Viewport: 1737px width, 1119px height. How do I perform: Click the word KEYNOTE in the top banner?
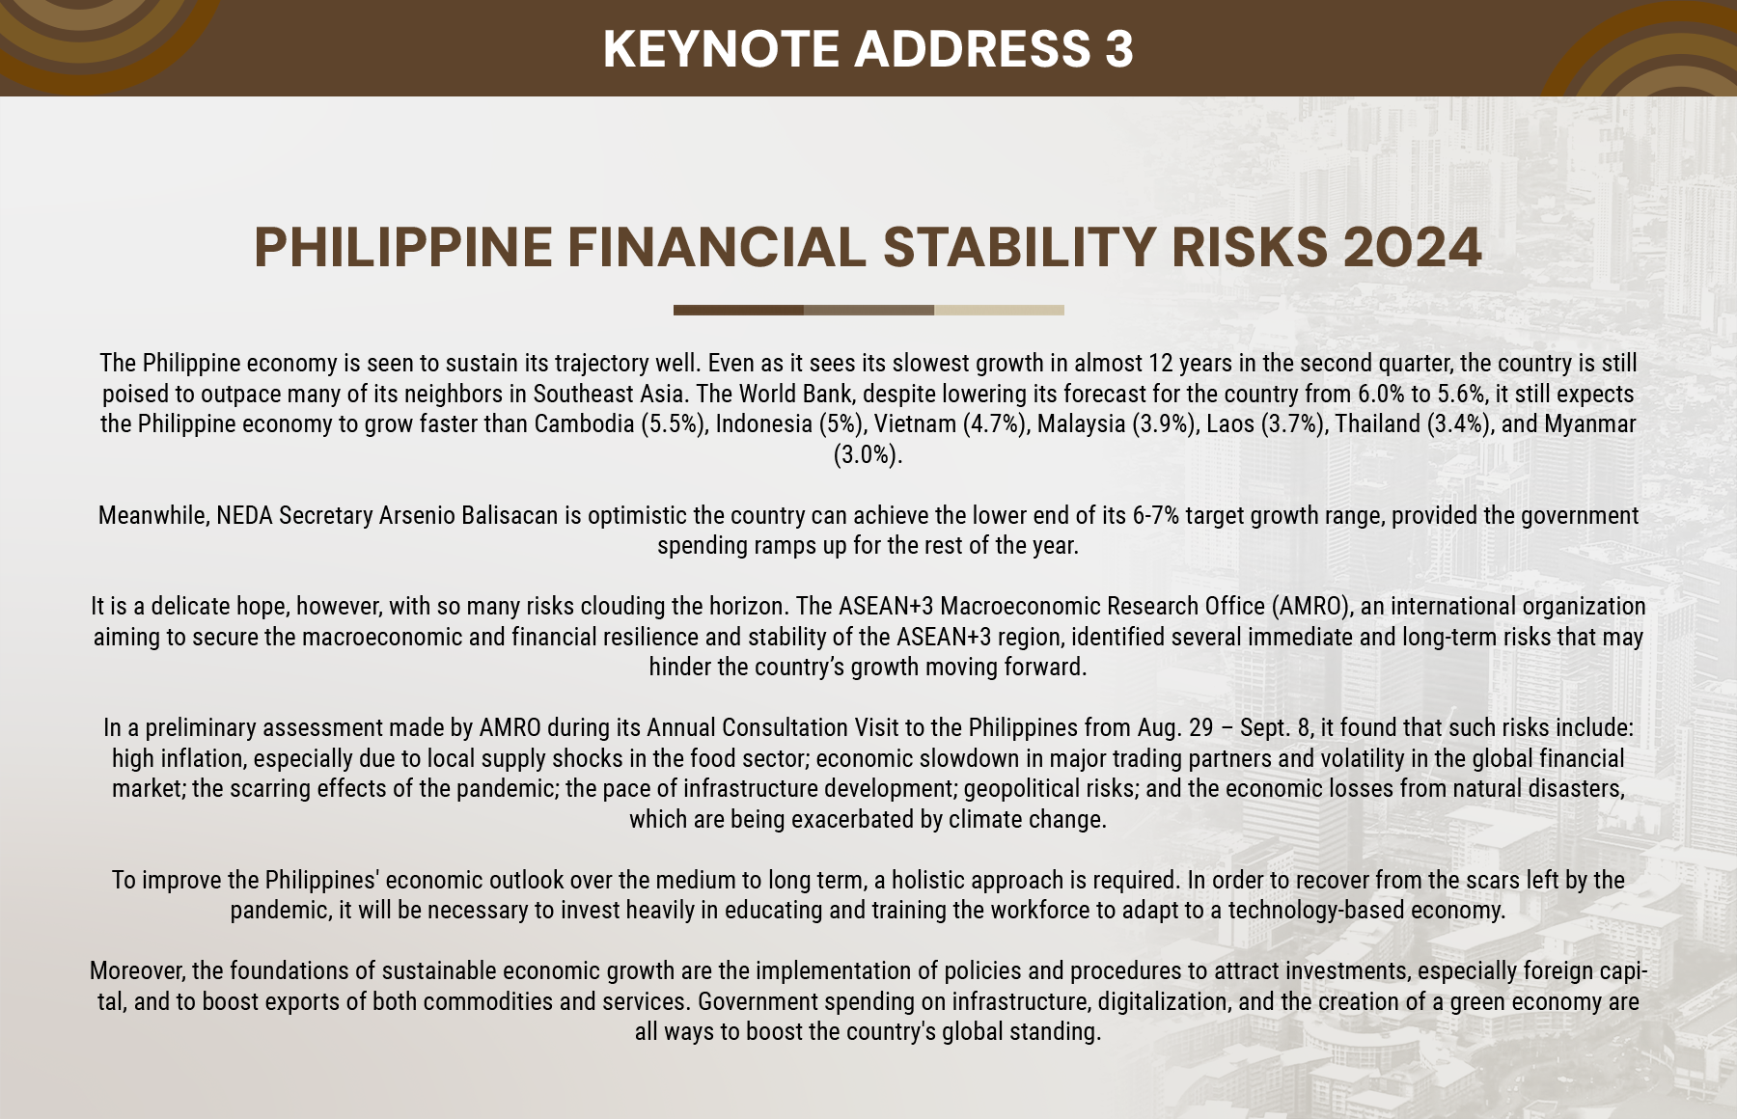721,48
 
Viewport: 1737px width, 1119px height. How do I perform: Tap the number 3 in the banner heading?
1118,48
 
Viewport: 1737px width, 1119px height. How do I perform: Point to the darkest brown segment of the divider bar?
738,311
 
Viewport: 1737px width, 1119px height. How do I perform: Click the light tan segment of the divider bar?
999,311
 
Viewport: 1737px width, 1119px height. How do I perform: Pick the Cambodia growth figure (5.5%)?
674,424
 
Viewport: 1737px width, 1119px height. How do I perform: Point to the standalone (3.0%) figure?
868,454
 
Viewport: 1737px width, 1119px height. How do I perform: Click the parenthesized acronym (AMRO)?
1312,606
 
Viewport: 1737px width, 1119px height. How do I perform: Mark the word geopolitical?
1047,788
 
